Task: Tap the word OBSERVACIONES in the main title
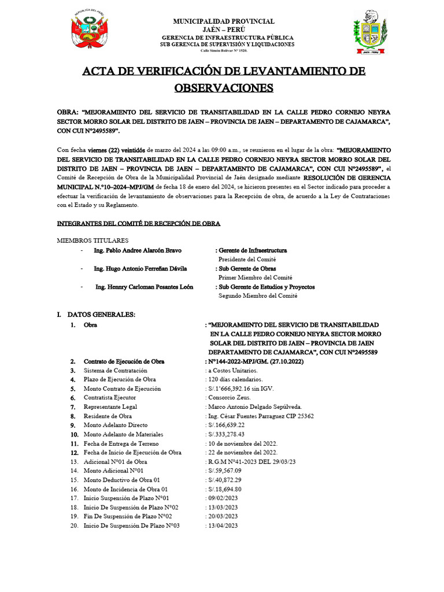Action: click(223, 87)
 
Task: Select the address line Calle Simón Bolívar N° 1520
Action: click(223, 51)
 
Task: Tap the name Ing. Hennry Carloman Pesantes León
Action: click(144, 287)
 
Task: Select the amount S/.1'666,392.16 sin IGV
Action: click(243, 388)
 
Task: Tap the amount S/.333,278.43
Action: click(227, 434)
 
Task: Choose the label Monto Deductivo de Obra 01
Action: click(122, 480)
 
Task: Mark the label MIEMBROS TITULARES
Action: click(92, 240)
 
